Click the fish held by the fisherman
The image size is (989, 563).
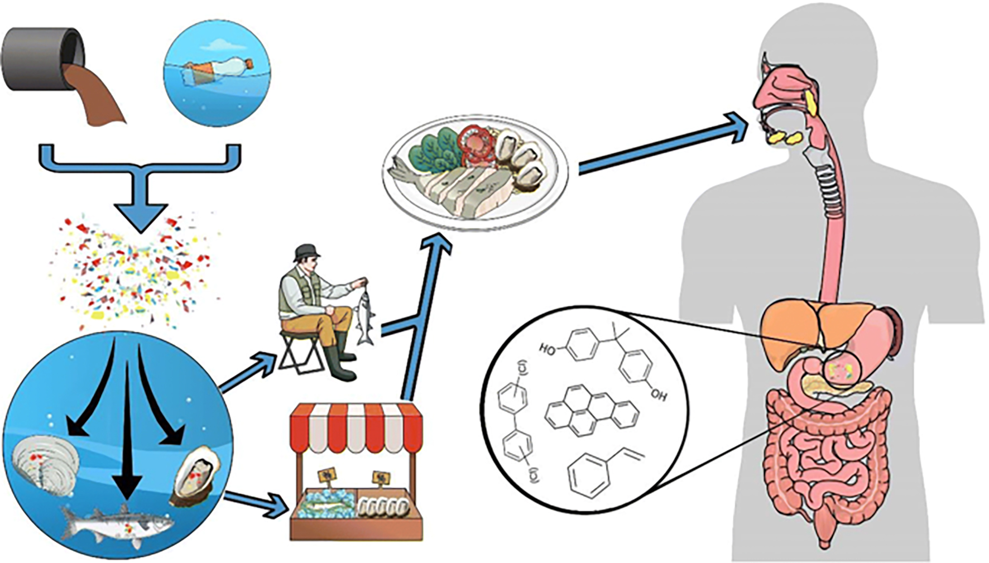364,315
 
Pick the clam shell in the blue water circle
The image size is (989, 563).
42,466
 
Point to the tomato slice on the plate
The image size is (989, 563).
474,142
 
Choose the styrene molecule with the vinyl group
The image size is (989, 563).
597,474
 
